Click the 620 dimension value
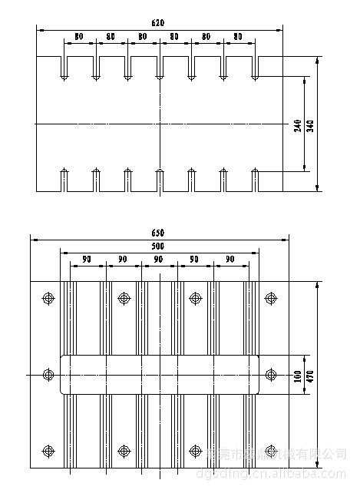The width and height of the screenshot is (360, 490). [x=157, y=24]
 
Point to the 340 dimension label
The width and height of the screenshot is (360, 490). [x=310, y=125]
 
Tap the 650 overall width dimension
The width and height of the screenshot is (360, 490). [x=157, y=233]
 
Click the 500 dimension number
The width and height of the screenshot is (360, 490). [x=157, y=246]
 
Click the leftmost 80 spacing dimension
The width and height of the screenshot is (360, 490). [x=79, y=37]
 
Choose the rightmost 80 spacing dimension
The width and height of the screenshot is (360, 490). [x=238, y=37]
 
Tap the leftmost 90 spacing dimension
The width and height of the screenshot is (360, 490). [x=88, y=260]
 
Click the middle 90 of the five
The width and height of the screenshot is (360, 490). [x=159, y=260]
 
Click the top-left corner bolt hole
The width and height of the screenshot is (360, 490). [x=48, y=297]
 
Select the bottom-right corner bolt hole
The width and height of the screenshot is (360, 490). [x=269, y=451]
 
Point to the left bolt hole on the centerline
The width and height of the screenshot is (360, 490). [x=48, y=374]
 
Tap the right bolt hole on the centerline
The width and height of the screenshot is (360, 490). [x=269, y=374]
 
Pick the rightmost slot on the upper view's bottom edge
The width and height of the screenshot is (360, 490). [x=254, y=180]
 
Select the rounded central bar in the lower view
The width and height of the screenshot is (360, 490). [x=159, y=374]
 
